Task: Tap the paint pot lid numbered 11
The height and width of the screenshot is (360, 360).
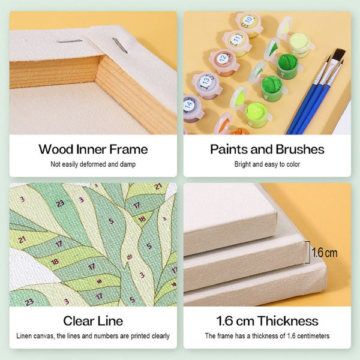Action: click(236, 40)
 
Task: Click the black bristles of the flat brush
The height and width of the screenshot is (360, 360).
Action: click(339, 55)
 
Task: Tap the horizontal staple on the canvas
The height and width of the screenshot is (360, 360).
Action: click(70, 41)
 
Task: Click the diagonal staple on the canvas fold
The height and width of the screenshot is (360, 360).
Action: click(120, 46)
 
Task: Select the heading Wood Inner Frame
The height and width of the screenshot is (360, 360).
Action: click(93, 149)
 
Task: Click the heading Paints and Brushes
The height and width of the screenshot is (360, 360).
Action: click(267, 149)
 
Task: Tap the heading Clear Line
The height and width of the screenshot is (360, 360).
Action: click(93, 321)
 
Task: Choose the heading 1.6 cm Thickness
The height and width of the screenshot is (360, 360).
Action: click(267, 321)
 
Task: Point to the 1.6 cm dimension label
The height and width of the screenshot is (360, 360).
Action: click(325, 253)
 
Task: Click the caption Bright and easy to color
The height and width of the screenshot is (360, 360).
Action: click(267, 164)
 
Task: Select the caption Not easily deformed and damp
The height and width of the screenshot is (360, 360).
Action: click(93, 164)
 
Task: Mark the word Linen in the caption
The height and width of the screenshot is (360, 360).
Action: click(24, 336)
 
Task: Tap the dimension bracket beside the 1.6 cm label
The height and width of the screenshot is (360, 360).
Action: click(309, 253)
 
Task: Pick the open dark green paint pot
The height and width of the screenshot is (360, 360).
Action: click(287, 67)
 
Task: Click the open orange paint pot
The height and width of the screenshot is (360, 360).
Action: click(239, 131)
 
